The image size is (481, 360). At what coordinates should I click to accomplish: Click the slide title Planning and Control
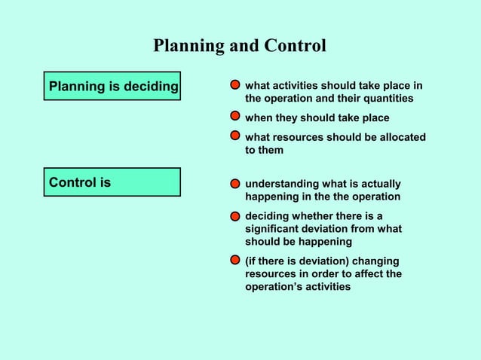pos(240,46)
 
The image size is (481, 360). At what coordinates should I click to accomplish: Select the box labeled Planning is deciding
pos(112,86)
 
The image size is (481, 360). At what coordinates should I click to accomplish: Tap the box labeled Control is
pos(112,182)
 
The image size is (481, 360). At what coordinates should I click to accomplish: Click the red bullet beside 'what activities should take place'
pos(236,85)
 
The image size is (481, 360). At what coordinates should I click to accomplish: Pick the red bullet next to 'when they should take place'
pos(236,117)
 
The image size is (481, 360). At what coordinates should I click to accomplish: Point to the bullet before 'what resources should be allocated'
pos(236,137)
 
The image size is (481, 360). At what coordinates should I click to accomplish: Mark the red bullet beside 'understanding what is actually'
pos(236,184)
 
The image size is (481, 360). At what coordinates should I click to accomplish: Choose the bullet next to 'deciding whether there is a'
pos(236,216)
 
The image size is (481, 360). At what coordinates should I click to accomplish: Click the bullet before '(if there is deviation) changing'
pos(236,261)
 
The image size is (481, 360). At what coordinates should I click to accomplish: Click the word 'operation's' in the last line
pos(273,287)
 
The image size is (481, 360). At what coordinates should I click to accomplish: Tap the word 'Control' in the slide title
pos(294,46)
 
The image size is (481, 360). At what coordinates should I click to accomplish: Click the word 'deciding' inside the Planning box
pos(152,86)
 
